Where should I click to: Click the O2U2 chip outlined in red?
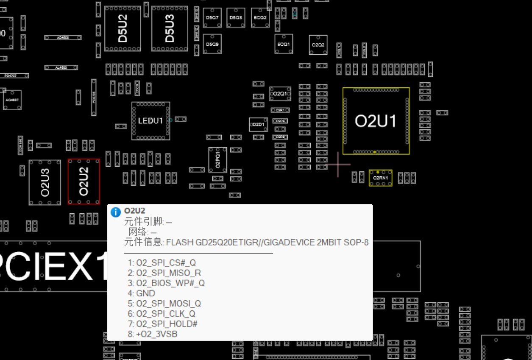[84, 181]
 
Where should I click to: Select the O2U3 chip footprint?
[45, 182]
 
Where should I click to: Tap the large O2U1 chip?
[376, 121]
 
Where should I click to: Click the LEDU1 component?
[150, 121]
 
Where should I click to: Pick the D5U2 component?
[123, 28]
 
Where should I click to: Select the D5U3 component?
[170, 28]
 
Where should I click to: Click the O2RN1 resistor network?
[380, 178]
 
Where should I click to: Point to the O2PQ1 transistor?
[217, 160]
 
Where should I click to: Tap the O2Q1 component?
[280, 94]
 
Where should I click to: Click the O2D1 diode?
[258, 125]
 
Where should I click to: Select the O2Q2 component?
[318, 45]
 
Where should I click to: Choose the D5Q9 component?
[212, 44]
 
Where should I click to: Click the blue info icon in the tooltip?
[115, 212]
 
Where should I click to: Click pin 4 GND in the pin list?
[145, 293]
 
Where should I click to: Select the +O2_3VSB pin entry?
[156, 334]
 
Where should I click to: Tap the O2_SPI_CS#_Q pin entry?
[166, 263]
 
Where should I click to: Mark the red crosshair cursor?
[338, 165]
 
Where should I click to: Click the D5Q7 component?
[212, 18]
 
